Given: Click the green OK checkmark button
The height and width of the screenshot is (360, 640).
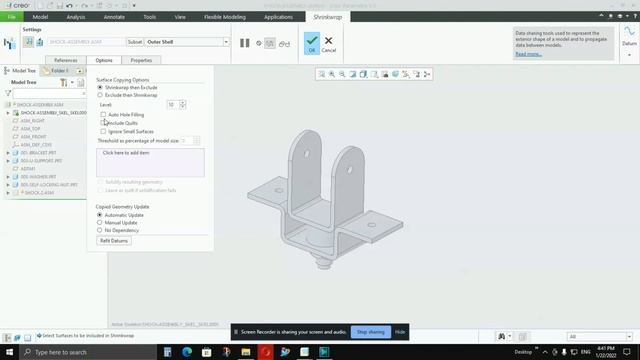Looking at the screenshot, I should click(312, 42).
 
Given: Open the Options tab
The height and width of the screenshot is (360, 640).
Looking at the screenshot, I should click(104, 60).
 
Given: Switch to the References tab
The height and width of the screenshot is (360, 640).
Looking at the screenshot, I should click(66, 60).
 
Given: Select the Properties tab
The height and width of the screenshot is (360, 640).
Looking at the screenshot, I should click(141, 60).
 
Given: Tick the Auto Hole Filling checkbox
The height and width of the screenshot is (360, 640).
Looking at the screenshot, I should click(103, 115).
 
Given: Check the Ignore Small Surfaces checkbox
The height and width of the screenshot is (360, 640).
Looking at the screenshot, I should click(103, 131).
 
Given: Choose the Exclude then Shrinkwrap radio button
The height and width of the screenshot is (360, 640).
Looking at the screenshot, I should click(99, 95).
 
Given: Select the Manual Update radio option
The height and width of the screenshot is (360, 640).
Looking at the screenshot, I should click(99, 223).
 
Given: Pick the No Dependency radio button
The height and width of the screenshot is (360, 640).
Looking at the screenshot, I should click(99, 231).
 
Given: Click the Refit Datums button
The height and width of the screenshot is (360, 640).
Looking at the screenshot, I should click(114, 241).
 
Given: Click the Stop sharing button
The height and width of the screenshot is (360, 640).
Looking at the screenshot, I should click(369, 332).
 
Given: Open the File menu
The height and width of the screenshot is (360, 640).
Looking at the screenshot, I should click(13, 17).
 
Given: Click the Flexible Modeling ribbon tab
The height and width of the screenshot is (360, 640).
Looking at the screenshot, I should click(226, 17).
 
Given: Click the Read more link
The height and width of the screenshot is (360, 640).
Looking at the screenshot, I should click(528, 54).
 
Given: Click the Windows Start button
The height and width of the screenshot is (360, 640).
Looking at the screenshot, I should click(7, 352).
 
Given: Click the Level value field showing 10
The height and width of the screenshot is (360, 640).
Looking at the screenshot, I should click(172, 105).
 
